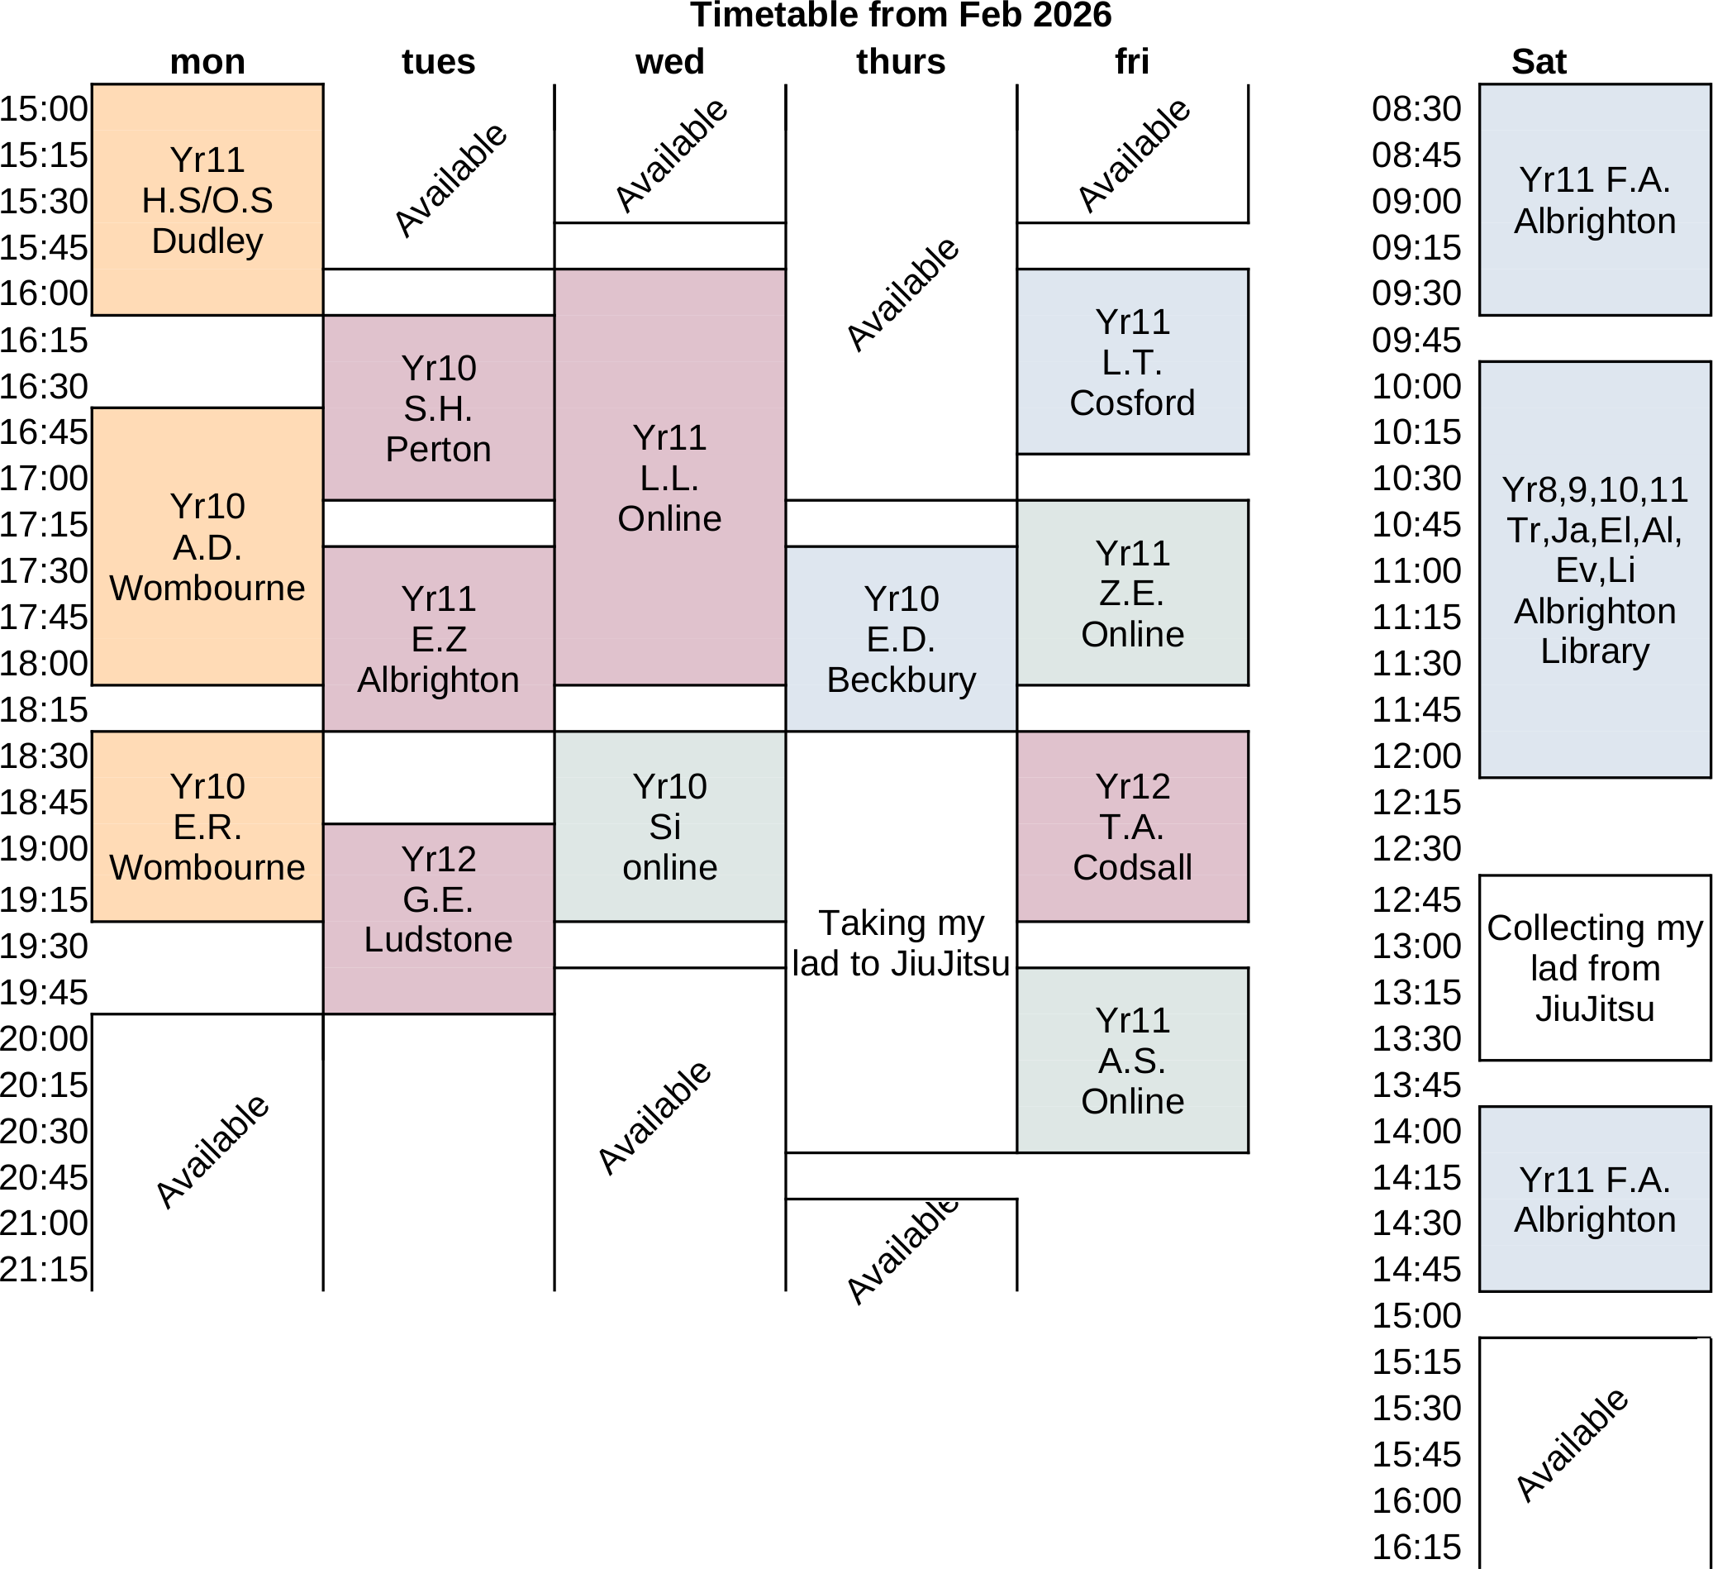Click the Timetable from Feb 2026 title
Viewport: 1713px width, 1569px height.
pyautogui.click(x=900, y=16)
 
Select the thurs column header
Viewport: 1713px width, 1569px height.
pyautogui.click(x=900, y=62)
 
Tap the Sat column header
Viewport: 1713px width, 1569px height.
pyautogui.click(x=1538, y=62)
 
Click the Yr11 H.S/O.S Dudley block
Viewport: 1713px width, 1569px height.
pyautogui.click(x=207, y=200)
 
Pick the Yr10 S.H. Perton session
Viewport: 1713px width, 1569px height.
pyautogui.click(x=439, y=408)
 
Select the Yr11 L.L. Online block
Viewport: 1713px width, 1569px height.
pyautogui.click(x=669, y=477)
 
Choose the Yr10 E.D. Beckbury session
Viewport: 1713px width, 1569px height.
pyautogui.click(x=901, y=638)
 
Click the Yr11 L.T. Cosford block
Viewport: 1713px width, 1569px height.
pyautogui.click(x=1132, y=361)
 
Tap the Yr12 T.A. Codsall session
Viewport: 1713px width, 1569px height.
pyautogui.click(x=1132, y=826)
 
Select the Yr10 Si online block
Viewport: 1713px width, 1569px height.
pyautogui.click(x=669, y=826)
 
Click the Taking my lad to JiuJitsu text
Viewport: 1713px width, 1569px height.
pyautogui.click(x=901, y=942)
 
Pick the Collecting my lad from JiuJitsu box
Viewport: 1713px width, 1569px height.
pyautogui.click(x=1594, y=967)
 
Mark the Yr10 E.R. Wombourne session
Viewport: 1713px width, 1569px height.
pyautogui.click(x=207, y=826)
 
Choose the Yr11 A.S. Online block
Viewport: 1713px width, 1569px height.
pyautogui.click(x=1132, y=1060)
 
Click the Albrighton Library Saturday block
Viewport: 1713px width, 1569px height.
pyautogui.click(x=1594, y=570)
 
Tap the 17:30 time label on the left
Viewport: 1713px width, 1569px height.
pyautogui.click(x=44, y=570)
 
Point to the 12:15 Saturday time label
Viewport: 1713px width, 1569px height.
pyautogui.click(x=1416, y=802)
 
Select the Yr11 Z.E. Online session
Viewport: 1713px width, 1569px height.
pyautogui.click(x=1132, y=593)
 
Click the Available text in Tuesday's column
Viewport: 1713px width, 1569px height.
pyautogui.click(x=450, y=179)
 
